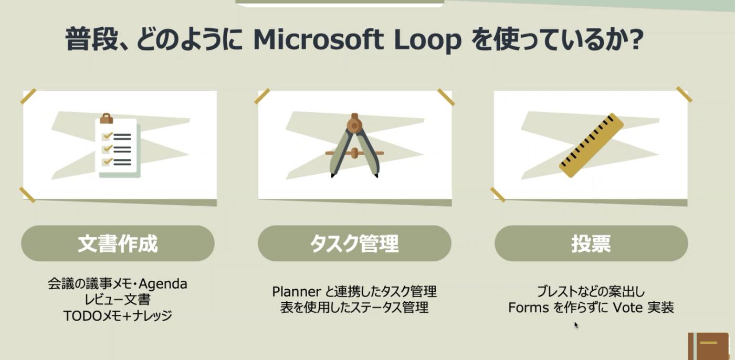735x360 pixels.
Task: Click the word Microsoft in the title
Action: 318,39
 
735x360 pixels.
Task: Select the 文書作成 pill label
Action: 118,243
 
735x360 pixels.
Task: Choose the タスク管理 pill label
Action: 354,243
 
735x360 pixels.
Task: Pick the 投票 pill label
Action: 591,243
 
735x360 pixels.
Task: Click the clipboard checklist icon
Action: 118,145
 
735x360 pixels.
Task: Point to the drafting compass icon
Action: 354,145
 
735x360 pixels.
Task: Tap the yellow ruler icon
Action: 591,145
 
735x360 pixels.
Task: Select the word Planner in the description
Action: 296,291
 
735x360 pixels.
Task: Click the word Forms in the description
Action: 528,308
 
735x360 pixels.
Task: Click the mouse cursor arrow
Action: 576,325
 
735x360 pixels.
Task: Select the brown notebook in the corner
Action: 711,346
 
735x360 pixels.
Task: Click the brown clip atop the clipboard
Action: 106,119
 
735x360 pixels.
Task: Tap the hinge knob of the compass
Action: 354,125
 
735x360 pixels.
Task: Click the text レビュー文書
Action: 118,300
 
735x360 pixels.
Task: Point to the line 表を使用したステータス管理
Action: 354,308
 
